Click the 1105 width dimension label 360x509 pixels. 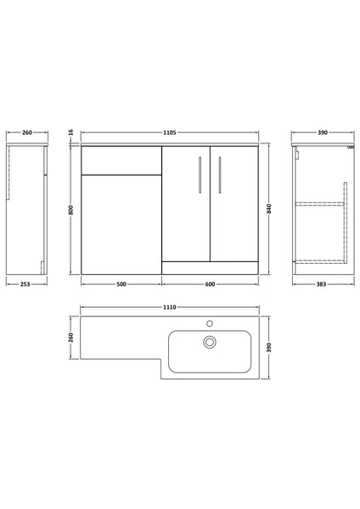click(170, 133)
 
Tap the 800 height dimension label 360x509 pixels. click(72, 210)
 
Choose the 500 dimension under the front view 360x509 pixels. click(121, 284)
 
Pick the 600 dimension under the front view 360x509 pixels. click(210, 284)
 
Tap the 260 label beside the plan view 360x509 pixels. click(72, 338)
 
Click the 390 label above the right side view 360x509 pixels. click(323, 133)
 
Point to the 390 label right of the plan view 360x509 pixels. click(268, 348)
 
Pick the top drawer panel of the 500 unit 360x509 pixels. click(121, 161)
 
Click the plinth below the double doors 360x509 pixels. click(210, 268)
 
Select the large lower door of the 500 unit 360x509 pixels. click(121, 224)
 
